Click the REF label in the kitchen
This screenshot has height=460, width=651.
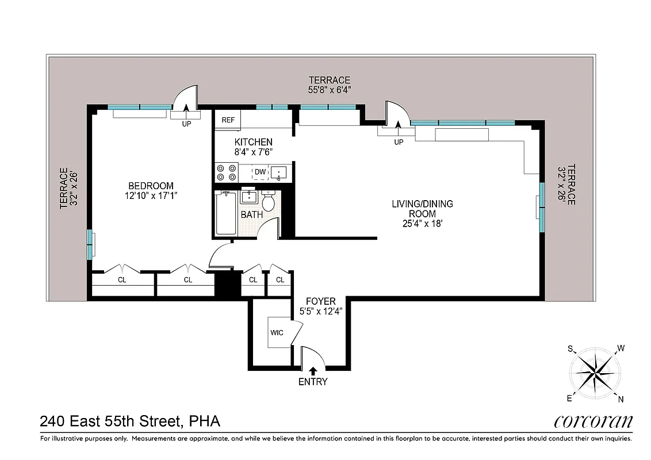click(228, 120)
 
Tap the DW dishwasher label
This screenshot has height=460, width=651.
click(260, 172)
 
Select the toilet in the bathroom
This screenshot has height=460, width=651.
click(268, 201)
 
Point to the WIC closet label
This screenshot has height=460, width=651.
click(277, 333)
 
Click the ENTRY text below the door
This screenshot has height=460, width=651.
click(313, 382)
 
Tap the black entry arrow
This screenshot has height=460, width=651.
click(313, 371)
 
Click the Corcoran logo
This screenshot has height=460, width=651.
click(593, 421)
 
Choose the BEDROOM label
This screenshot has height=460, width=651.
click(151, 186)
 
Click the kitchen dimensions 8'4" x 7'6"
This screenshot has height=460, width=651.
click(253, 152)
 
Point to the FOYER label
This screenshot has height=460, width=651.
click(320, 301)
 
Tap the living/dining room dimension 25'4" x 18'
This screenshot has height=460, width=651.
click(422, 223)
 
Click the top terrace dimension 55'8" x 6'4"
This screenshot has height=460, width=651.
click(330, 90)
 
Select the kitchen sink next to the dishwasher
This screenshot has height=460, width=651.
click(280, 172)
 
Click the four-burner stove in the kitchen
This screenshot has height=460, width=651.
click(226, 172)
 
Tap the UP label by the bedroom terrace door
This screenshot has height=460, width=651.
click(186, 124)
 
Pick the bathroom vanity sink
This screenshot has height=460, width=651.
click(248, 197)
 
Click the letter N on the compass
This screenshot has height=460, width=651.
click(621, 399)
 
